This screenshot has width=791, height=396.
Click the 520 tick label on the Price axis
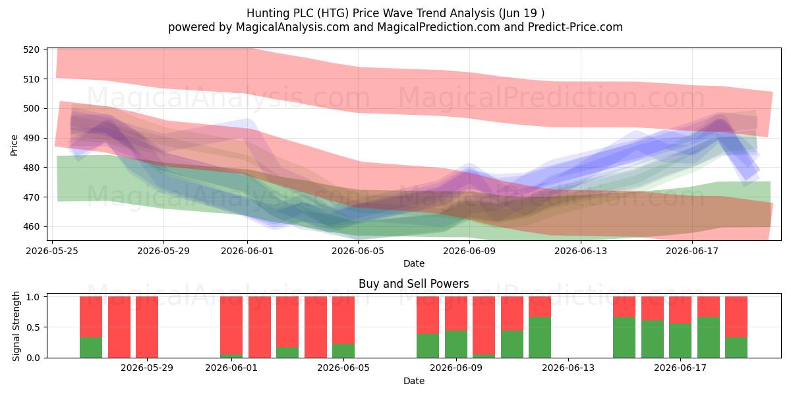31,49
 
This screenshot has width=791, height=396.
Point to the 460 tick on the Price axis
31,226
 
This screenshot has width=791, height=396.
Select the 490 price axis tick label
31,138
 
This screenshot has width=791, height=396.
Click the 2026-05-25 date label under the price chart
52,251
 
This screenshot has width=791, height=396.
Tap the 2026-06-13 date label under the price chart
581,251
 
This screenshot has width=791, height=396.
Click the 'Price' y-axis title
14,145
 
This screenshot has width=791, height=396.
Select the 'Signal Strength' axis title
16,326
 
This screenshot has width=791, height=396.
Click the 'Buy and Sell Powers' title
413,284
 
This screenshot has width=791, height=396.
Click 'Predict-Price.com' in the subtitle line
575,27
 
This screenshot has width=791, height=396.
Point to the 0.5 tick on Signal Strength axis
34,327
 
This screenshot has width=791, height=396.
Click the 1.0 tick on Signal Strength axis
34,297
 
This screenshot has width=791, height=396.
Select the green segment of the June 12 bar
540,337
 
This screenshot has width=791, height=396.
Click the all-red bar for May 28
147,327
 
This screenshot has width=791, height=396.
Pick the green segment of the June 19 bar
736,348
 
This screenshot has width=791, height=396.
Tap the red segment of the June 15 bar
624,306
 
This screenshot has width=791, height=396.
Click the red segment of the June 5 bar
343,320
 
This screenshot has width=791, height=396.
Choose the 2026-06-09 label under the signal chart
456,368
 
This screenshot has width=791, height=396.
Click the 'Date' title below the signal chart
414,381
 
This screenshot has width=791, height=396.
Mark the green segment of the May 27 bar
91,348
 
